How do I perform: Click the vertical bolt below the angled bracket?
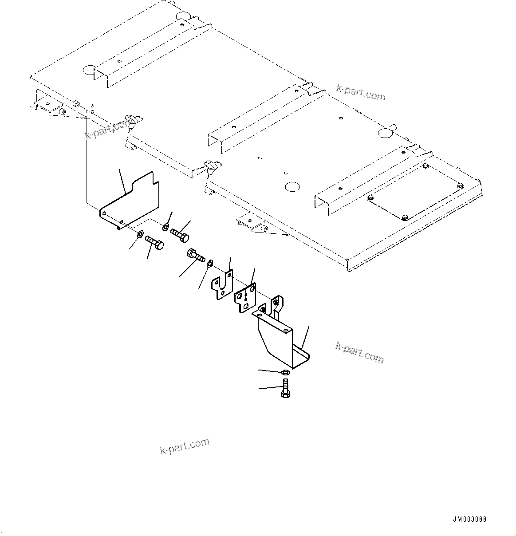pos(285,388)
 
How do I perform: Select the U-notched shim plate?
pos(223,287)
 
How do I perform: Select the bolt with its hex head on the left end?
pos(196,255)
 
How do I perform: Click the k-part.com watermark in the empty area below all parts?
pos(185,445)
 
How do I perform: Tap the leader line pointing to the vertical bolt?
pos(271,389)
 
